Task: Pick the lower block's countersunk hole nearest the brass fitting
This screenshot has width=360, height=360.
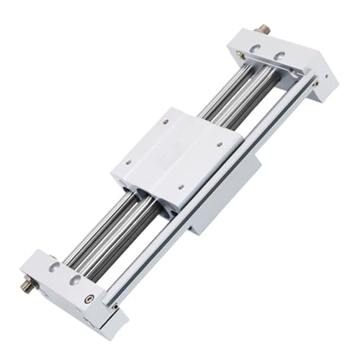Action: (54, 267)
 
